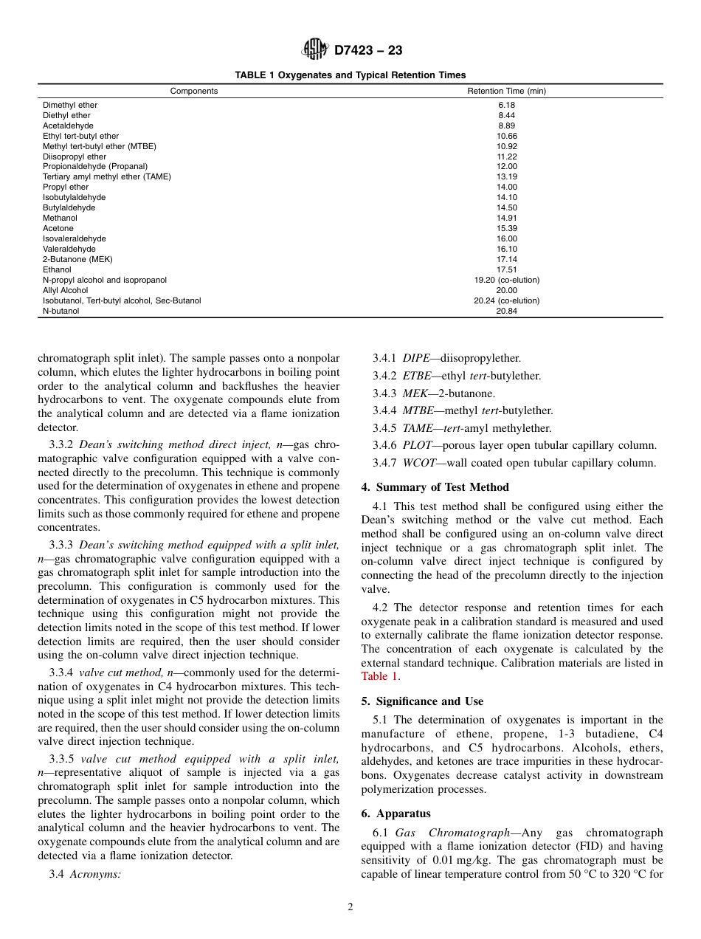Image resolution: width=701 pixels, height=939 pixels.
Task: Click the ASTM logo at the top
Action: [x=314, y=50]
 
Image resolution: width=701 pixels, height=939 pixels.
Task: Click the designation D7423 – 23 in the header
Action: [x=368, y=51]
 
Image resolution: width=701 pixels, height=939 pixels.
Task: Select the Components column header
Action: [x=194, y=91]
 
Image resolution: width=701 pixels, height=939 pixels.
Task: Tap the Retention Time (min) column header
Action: [x=506, y=91]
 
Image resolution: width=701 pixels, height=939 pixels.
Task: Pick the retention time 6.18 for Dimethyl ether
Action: [x=506, y=105]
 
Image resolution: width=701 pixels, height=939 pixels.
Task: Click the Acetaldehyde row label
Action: [x=68, y=125]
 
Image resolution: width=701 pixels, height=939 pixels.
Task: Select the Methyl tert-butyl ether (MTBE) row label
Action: [x=99, y=146]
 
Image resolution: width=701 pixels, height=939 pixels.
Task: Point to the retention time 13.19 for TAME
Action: [x=506, y=177]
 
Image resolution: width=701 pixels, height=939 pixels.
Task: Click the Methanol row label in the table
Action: [x=60, y=218]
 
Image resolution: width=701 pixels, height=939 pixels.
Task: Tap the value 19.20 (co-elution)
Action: [x=506, y=280]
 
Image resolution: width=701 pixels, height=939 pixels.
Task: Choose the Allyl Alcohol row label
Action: [x=65, y=290]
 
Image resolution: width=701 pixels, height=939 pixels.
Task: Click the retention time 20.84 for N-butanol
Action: [x=506, y=311]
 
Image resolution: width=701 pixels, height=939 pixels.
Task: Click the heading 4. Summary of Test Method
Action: [x=435, y=487]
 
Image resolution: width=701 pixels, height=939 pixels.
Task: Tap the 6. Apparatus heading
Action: [x=396, y=814]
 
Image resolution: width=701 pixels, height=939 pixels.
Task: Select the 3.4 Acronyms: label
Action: [x=85, y=874]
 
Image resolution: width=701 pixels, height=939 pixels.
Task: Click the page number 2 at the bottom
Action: [x=350, y=907]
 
